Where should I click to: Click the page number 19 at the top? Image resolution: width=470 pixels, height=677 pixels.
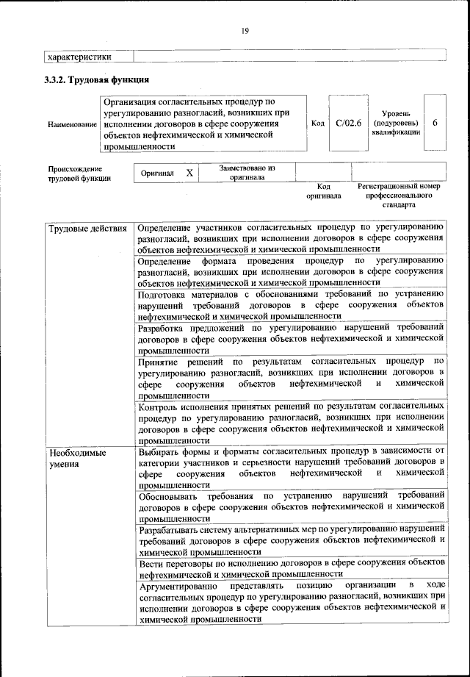pos(245,30)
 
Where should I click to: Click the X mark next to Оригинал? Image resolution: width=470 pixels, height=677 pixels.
pos(189,173)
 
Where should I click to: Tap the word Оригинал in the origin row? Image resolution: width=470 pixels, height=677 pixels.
pos(158,173)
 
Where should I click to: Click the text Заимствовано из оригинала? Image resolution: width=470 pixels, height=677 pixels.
pos(246,172)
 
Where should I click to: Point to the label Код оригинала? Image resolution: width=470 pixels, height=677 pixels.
pos(323,191)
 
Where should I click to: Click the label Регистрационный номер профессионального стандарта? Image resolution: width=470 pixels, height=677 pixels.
pos(398,196)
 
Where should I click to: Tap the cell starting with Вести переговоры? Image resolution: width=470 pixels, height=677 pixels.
pos(291,567)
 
